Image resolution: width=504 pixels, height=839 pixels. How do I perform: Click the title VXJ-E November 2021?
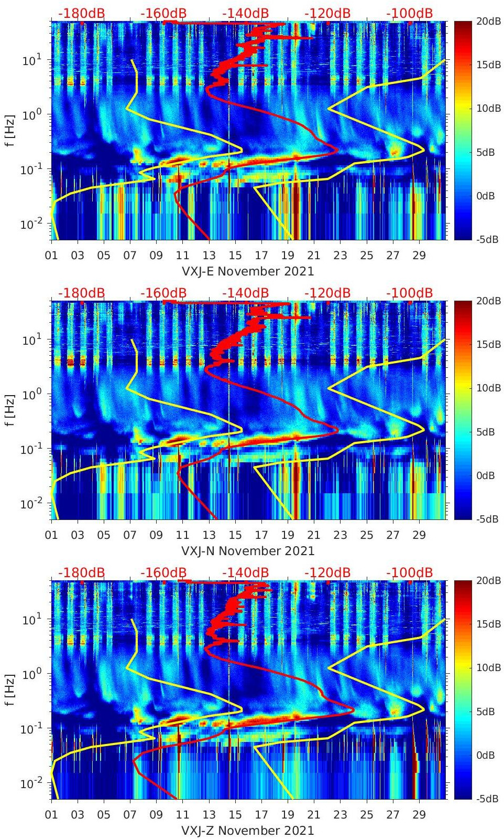click(247, 271)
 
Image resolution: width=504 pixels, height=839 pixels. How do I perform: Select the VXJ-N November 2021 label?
click(247, 551)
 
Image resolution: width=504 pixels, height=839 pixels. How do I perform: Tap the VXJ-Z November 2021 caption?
click(247, 831)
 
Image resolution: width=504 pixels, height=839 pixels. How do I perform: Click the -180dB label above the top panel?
click(81, 13)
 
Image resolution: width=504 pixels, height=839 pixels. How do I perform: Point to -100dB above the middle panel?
click(410, 293)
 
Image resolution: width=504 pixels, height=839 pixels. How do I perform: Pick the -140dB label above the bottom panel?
click(245, 572)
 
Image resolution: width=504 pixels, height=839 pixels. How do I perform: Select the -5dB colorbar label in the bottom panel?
click(488, 799)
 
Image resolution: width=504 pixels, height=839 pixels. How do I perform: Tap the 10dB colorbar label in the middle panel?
click(489, 388)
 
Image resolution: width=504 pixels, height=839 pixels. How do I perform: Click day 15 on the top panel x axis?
click(235, 256)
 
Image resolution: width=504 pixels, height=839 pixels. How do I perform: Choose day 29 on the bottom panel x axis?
click(419, 815)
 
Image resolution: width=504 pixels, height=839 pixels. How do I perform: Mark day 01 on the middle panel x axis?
click(51, 535)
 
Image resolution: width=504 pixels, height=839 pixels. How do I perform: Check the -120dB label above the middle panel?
click(327, 293)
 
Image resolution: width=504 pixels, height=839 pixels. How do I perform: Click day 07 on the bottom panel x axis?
click(130, 815)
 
